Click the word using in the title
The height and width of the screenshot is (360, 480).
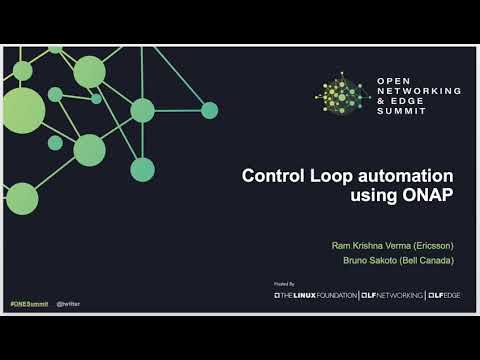[374, 197]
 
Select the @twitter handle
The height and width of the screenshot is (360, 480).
[68, 301]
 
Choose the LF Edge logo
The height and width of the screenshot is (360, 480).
[448, 295]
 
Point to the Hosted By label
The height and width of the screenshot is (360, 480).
[284, 284]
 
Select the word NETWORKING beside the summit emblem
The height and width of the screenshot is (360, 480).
[419, 90]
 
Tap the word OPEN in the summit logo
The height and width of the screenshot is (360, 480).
[393, 80]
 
